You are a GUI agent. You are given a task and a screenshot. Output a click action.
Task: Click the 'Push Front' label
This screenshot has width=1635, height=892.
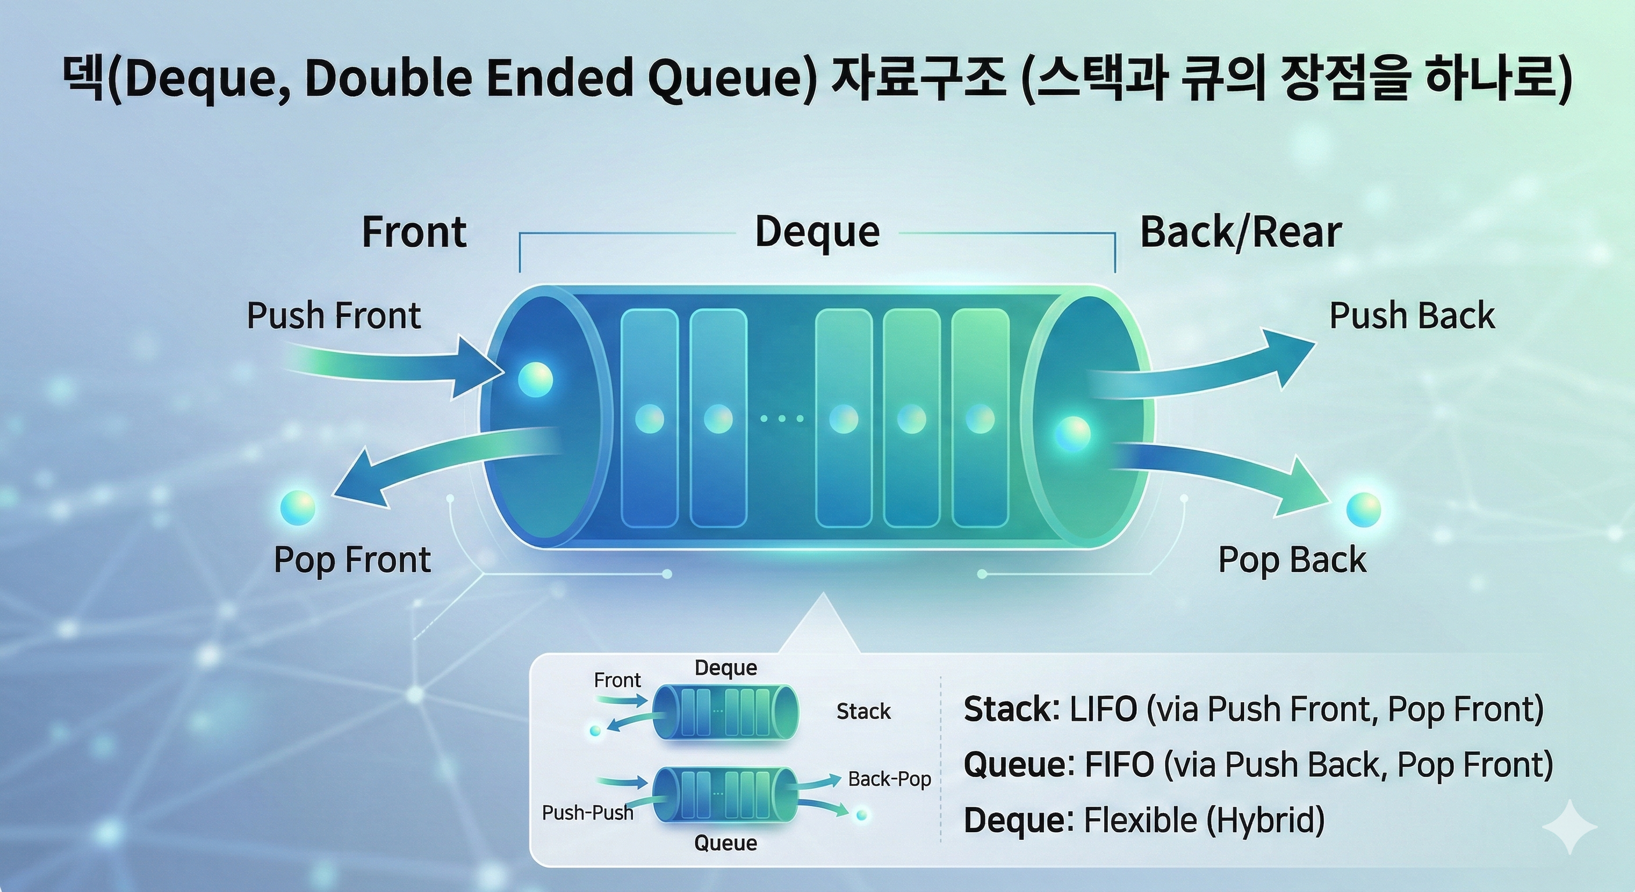click(x=333, y=315)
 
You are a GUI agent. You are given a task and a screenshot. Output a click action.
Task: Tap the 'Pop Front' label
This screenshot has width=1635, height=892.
click(x=352, y=560)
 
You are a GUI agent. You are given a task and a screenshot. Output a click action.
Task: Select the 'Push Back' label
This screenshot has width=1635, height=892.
click(x=1411, y=315)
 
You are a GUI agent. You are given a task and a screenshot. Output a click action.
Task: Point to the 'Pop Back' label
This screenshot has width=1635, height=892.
click(x=1292, y=560)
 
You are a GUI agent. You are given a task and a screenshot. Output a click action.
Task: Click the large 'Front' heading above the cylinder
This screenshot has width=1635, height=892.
click(x=414, y=232)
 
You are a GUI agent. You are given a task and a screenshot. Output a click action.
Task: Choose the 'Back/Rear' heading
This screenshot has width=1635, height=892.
click(x=1241, y=232)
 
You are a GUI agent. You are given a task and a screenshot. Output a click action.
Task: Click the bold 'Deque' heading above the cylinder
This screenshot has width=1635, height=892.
click(x=817, y=232)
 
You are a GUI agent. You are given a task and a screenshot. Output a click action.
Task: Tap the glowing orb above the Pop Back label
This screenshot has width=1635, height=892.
click(x=1363, y=510)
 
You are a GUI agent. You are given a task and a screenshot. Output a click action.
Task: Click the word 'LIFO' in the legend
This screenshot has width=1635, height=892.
click(x=1103, y=709)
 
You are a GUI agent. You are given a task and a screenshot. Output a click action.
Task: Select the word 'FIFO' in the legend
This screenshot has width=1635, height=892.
click(x=1119, y=764)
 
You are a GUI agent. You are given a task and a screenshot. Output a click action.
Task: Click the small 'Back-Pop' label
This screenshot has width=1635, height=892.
click(x=889, y=779)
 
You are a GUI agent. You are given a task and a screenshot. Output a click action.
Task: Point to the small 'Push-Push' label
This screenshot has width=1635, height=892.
click(x=587, y=812)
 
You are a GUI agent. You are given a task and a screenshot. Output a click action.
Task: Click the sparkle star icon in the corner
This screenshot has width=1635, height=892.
click(x=1569, y=826)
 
